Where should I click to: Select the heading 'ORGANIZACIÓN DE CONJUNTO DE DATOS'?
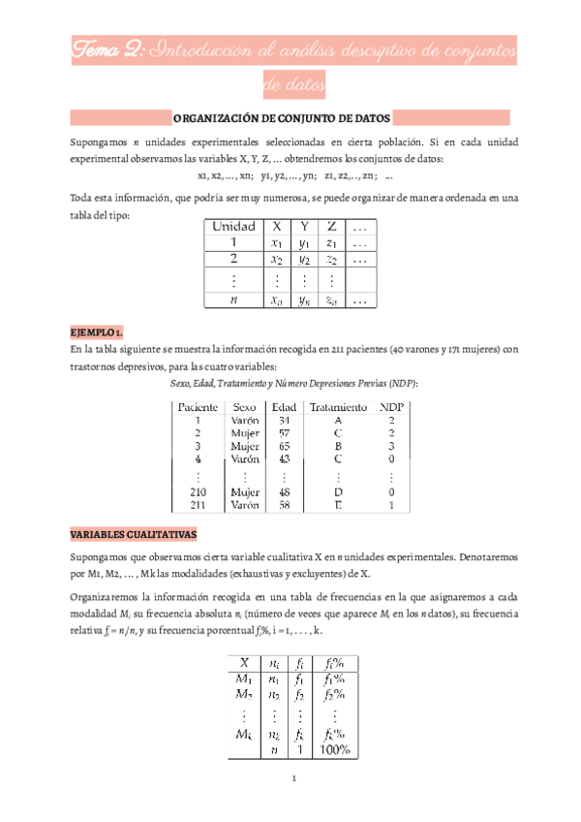282,118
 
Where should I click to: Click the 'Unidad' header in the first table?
233,227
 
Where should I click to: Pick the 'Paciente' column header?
197,407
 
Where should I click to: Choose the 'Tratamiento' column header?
338,407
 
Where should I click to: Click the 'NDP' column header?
391,407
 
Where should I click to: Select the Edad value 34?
284,421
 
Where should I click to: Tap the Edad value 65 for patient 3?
284,447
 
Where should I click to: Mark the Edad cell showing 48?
284,491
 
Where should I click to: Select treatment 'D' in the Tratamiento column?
338,491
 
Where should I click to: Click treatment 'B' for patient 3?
338,447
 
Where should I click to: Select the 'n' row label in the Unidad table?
233,300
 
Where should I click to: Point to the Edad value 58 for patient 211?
284,505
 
